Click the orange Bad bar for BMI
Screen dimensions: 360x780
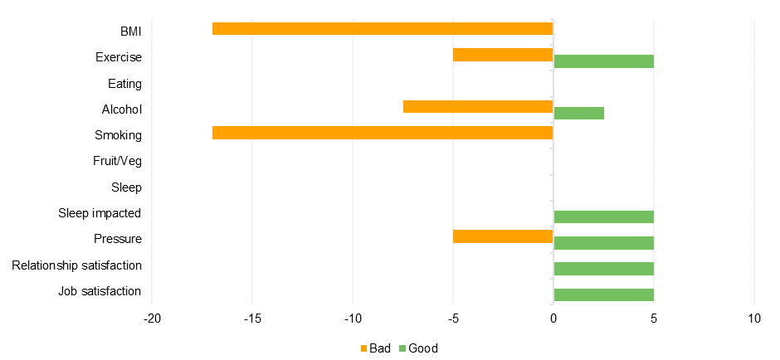383,29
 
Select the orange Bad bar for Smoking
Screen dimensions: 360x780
383,133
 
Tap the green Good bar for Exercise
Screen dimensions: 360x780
603,61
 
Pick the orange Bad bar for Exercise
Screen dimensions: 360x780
503,55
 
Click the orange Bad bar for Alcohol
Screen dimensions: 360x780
478,106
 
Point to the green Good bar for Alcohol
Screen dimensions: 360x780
578,113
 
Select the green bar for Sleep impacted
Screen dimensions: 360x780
603,216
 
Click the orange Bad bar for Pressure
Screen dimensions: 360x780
503,236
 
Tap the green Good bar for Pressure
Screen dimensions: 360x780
603,243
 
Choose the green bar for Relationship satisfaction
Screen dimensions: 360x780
603,269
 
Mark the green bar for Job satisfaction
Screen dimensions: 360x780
603,294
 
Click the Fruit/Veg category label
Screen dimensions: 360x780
117,161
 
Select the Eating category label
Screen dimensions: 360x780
124,84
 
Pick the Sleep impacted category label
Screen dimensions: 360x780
100,213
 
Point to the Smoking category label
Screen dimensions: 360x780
118,135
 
